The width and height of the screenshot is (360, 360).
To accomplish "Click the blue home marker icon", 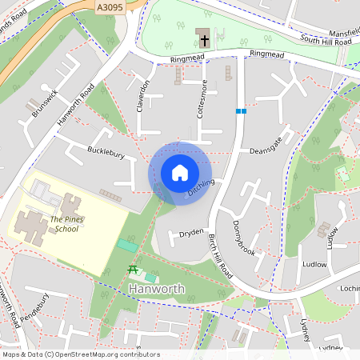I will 180,173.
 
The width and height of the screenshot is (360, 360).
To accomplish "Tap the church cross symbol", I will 204,38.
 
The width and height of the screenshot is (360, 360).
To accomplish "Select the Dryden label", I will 191,233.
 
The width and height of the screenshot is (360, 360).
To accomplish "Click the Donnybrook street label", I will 244,238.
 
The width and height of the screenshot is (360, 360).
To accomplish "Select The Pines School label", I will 66,224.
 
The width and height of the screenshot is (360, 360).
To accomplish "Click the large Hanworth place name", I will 157,289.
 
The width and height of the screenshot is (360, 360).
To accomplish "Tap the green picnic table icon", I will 133,269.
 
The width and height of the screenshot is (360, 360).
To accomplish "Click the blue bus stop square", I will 240,111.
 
